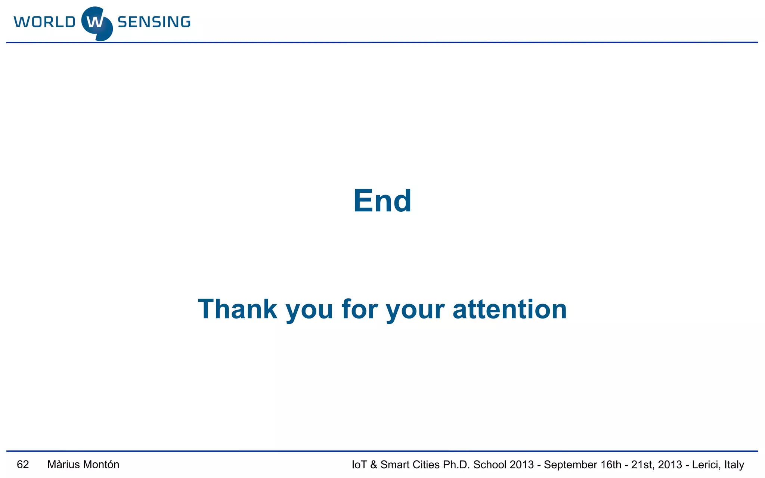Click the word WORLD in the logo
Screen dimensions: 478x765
(45, 22)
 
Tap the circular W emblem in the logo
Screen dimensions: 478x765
(97, 23)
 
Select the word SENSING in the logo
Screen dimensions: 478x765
(154, 22)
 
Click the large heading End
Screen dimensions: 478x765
(382, 201)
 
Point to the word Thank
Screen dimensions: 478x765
(238, 309)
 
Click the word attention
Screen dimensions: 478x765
(510, 309)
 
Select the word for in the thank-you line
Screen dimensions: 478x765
(359, 309)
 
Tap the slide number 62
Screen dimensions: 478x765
(23, 465)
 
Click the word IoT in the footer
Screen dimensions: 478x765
(359, 465)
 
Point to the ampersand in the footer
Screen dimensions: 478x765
(374, 465)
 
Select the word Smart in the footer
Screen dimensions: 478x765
(395, 465)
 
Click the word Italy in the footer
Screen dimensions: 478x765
(734, 465)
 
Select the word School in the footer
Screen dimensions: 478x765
(490, 465)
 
